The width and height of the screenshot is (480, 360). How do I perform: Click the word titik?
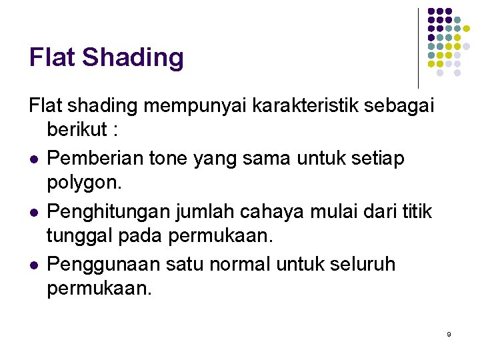point(417,211)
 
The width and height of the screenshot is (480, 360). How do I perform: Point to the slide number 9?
point(449,333)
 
